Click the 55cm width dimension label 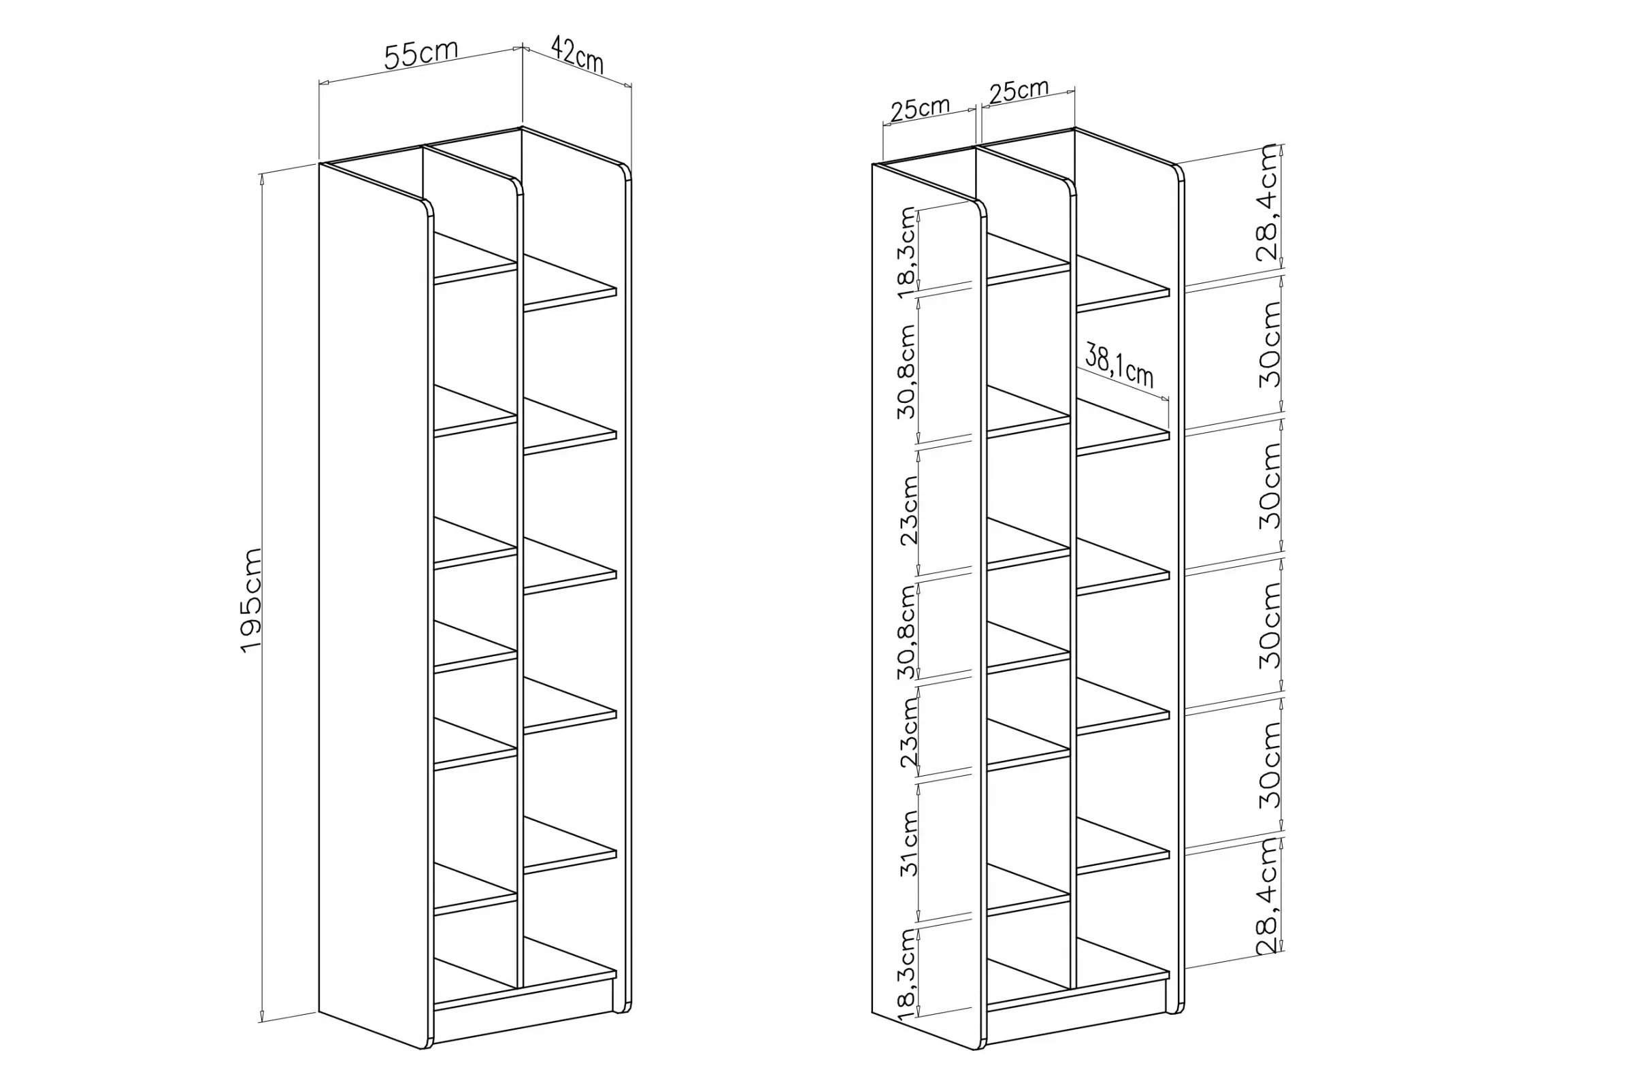(420, 54)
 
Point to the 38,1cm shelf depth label (1119, 366)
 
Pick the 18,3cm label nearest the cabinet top (908, 252)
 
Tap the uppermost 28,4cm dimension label (1268, 202)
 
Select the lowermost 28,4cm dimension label (1268, 896)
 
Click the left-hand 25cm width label (919, 109)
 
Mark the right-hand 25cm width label (1019, 91)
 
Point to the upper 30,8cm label (908, 372)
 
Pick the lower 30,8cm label (908, 632)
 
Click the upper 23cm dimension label (909, 510)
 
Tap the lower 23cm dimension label (909, 732)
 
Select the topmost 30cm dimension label (1269, 344)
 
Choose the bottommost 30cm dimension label (1269, 764)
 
